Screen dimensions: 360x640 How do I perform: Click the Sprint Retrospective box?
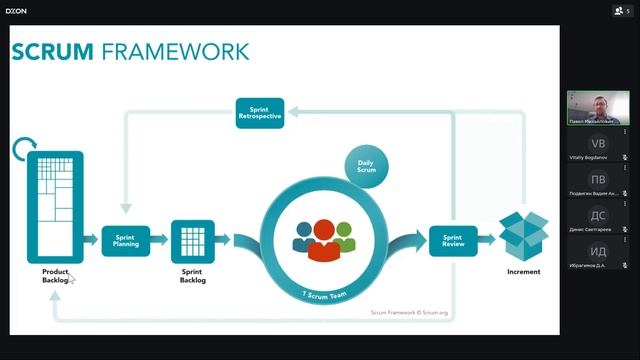click(x=260, y=112)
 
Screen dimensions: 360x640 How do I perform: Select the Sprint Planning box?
click(x=125, y=241)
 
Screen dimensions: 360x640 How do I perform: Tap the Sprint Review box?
click(x=453, y=240)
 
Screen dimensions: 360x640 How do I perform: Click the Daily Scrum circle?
click(x=366, y=167)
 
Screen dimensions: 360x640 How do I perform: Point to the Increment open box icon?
click(x=524, y=234)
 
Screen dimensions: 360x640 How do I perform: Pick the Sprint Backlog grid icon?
click(x=192, y=240)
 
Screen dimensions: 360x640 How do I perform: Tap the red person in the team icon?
click(x=323, y=240)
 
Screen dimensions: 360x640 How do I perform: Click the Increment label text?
click(x=524, y=272)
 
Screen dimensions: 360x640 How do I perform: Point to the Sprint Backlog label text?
click(x=192, y=276)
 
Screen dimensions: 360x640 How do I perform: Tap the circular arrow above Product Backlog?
click(x=27, y=150)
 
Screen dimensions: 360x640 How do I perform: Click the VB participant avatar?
click(x=598, y=144)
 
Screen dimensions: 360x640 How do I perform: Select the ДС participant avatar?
click(x=598, y=215)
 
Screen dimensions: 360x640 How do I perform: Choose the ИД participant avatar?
click(x=598, y=251)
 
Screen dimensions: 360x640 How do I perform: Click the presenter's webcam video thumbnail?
click(x=598, y=107)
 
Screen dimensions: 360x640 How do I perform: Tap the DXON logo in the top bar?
click(x=16, y=11)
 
